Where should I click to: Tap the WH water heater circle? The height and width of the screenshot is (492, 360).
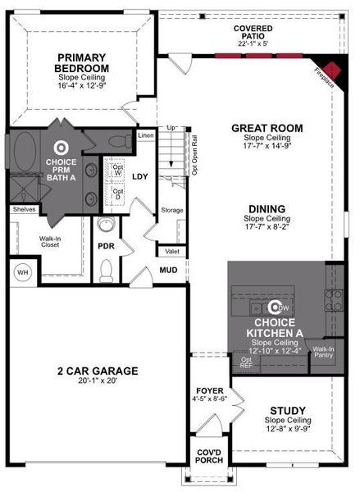point(21,271)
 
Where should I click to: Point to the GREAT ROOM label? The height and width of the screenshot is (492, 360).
point(267,128)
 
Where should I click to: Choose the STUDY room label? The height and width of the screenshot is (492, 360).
point(287,410)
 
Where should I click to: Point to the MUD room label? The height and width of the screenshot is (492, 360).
point(169,269)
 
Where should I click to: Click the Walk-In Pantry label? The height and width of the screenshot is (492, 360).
point(323,353)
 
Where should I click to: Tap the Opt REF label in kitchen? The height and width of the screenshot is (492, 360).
point(246,362)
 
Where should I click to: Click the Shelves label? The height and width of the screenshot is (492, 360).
point(23,210)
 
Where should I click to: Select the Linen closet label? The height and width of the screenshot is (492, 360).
point(146,135)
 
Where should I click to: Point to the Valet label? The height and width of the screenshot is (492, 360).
point(171,252)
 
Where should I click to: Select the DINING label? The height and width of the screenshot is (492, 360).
point(267,208)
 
